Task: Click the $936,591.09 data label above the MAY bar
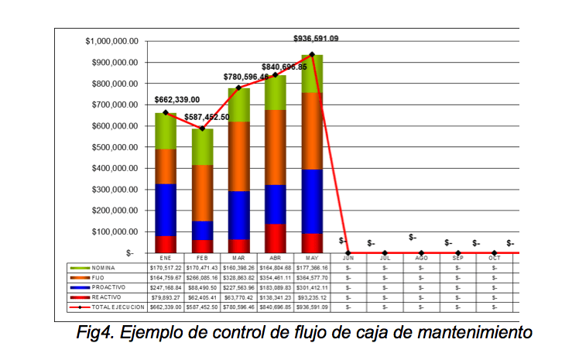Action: click(316, 38)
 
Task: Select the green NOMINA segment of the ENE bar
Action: click(166, 131)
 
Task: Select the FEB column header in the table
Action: click(202, 258)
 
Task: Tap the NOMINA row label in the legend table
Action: click(110, 266)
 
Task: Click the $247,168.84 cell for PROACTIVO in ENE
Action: click(166, 286)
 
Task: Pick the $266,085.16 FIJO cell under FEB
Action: click(202, 276)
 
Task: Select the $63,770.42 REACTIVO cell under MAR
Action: click(238, 297)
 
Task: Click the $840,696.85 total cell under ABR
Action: click(276, 307)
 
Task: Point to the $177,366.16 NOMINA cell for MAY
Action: click(312, 266)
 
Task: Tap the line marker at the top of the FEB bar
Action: click(203, 129)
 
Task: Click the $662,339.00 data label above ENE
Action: click(176, 100)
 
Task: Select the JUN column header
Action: click(348, 258)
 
